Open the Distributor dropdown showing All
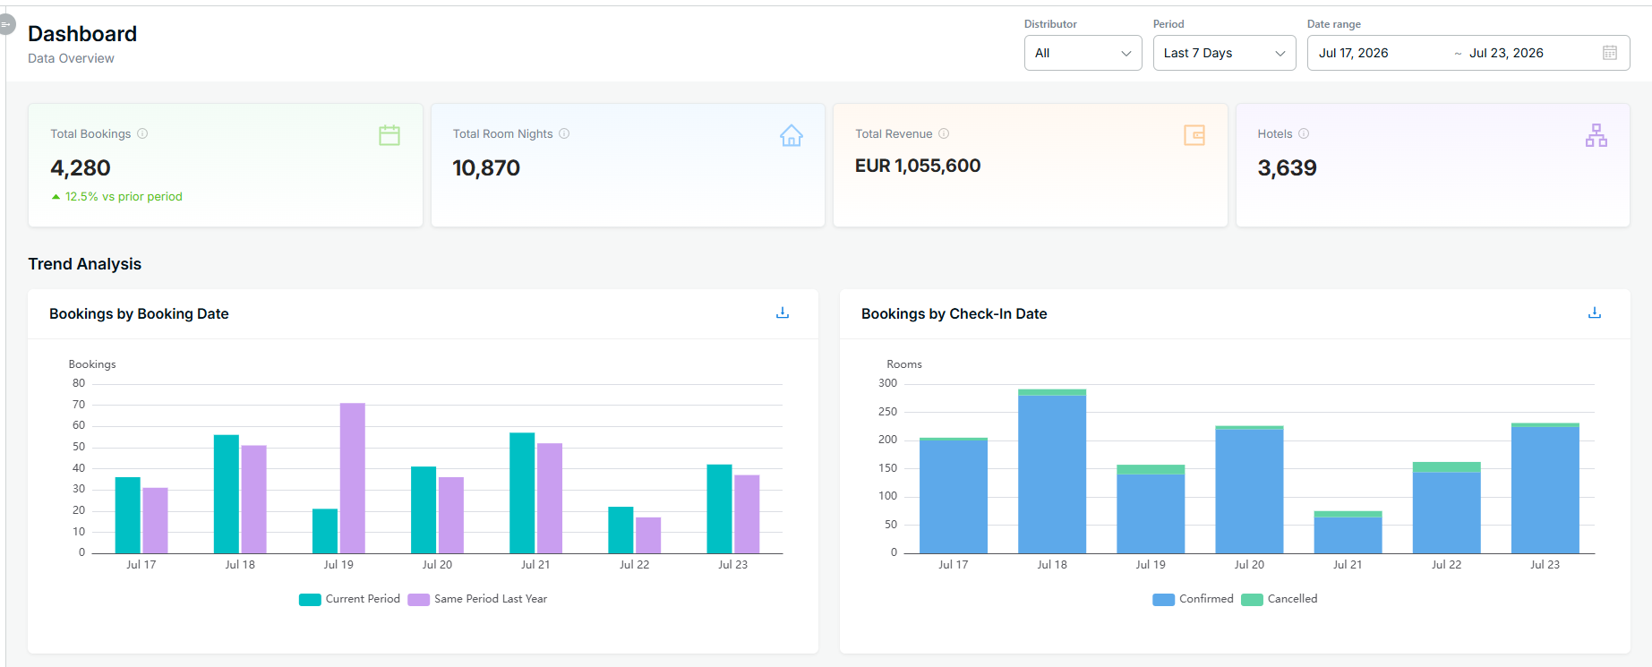pos(1083,53)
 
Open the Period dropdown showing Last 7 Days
pos(1224,53)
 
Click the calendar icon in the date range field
pos(1610,53)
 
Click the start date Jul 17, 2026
pos(1353,53)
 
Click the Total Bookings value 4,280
pos(81,168)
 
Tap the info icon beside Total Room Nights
pos(564,133)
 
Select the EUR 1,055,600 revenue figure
pos(918,166)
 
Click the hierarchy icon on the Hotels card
pos(1596,135)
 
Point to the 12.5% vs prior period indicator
pos(116,196)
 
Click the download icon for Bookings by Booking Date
pos(783,312)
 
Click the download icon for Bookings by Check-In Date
pos(1595,312)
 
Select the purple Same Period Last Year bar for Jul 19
pos(353,478)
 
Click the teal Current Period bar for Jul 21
pos(522,493)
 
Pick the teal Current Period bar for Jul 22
pos(621,530)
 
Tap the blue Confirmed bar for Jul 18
pos(1052,475)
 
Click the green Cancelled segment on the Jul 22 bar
pos(1447,466)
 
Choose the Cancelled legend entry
pos(1280,599)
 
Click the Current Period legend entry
pos(349,599)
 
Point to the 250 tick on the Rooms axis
pos(887,412)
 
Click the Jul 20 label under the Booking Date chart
pos(437,565)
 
